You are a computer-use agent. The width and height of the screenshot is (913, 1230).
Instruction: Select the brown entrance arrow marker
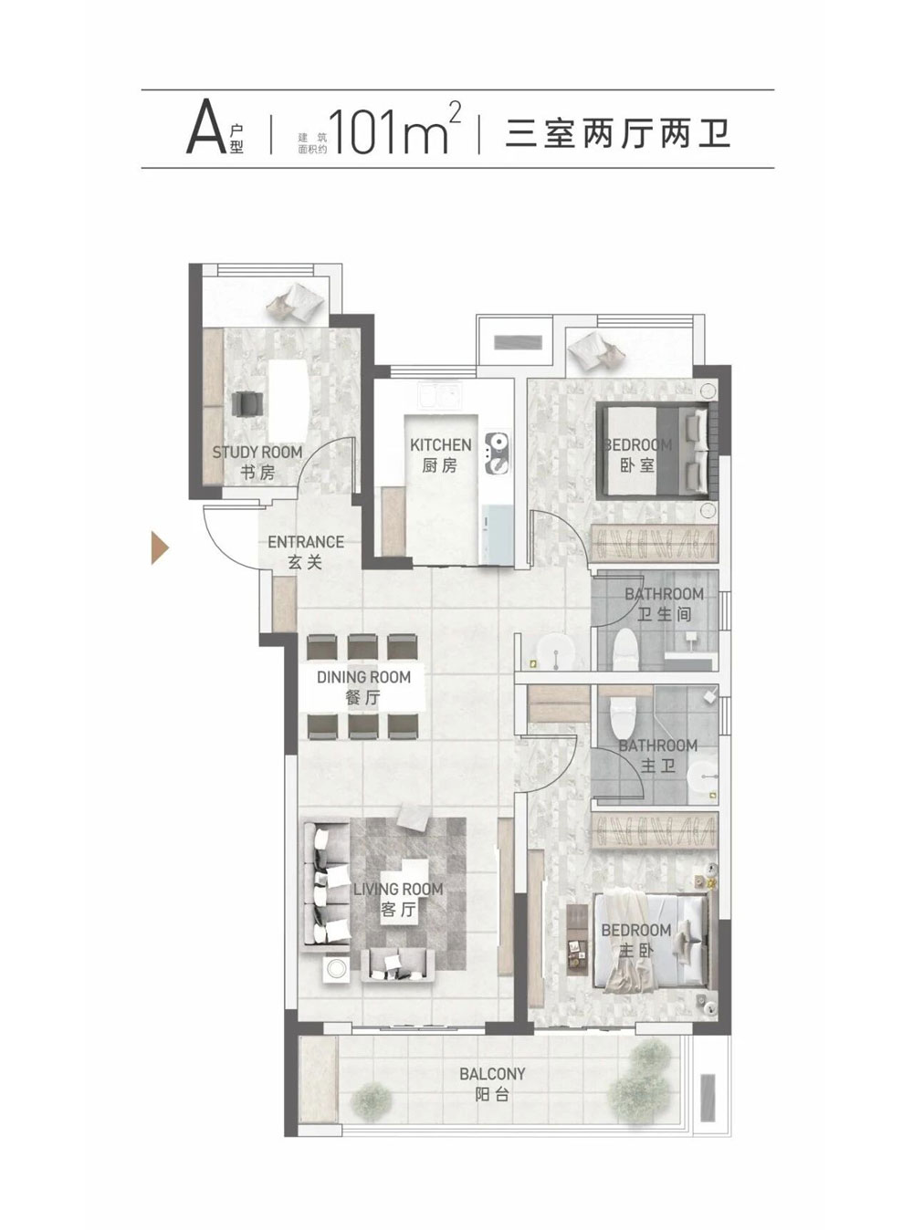(160, 547)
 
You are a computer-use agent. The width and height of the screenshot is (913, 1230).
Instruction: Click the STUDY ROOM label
(257, 452)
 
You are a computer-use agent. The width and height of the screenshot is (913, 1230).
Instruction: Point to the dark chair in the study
(247, 403)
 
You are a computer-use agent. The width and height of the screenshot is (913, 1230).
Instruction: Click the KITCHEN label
(441, 444)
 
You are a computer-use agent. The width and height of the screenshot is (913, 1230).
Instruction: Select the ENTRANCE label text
(306, 542)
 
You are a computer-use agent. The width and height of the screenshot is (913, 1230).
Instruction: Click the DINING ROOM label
(363, 677)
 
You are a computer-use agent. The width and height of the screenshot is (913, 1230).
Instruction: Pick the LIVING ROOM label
(398, 890)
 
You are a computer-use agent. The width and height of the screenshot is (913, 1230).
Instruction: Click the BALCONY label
(492, 1074)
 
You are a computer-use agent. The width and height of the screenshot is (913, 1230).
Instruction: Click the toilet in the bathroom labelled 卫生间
(628, 651)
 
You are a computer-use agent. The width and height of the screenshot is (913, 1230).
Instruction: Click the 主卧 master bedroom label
(636, 950)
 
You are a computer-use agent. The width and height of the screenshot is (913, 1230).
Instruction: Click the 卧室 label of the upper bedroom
(637, 465)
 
